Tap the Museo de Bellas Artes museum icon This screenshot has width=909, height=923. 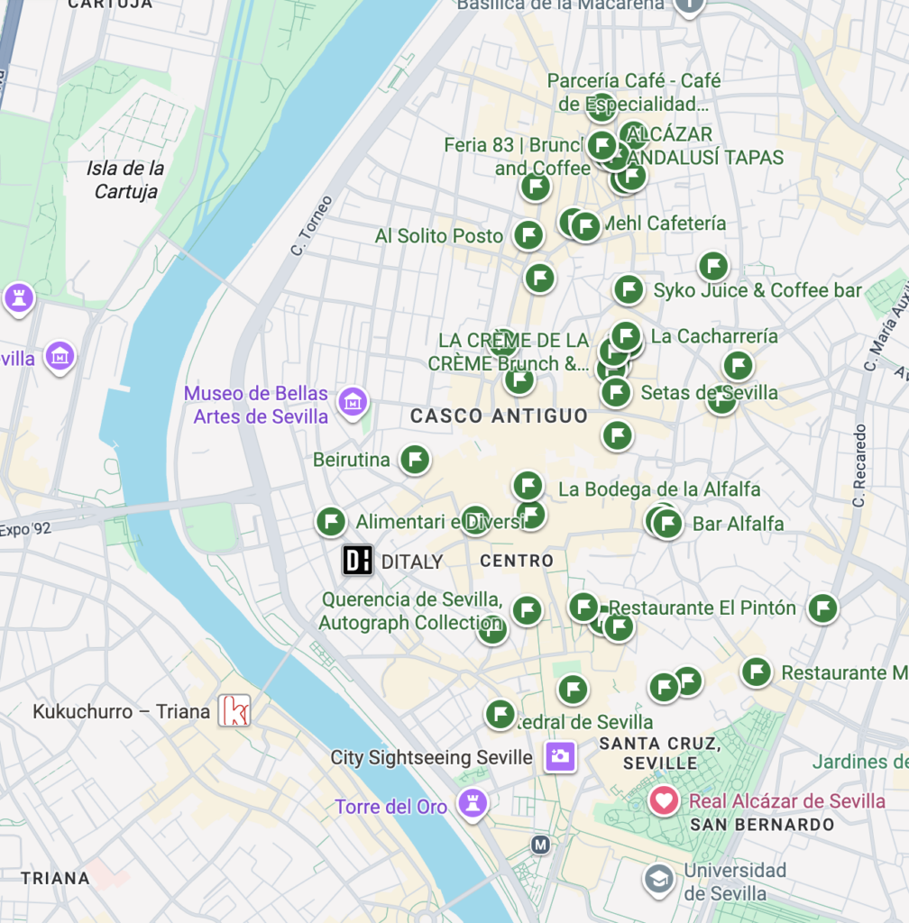coord(352,402)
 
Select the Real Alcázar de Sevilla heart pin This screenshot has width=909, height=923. coord(664,800)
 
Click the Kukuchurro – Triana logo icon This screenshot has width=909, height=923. coord(234,710)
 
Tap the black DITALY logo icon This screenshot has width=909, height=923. coord(357,561)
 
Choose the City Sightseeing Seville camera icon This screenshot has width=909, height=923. coord(560,756)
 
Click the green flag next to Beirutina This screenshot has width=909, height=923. coord(415,460)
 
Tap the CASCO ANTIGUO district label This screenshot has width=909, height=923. coord(499,416)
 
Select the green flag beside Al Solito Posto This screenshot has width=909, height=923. coord(528,235)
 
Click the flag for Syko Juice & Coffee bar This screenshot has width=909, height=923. coord(629,289)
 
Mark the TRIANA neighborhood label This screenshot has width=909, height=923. coord(56,878)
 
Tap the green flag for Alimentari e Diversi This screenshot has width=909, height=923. coord(331,521)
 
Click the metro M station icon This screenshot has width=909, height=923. coord(540,845)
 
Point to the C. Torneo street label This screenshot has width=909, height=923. coord(311,225)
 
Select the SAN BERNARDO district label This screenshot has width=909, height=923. coord(762,825)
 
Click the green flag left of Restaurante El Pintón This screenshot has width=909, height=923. coord(584,607)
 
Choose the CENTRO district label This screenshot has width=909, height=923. coord(517,561)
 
